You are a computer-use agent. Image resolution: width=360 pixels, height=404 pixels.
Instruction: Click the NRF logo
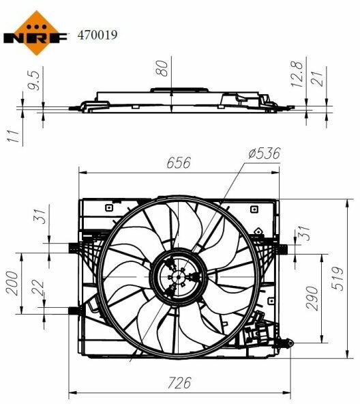pos(35,33)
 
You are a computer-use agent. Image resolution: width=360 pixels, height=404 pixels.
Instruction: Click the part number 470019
pos(97,35)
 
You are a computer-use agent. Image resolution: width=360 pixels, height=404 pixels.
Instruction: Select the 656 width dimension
pos(179,162)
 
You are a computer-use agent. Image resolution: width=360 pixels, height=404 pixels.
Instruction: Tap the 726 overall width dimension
pos(179,383)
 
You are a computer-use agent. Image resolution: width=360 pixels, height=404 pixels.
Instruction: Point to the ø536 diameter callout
pos(265,154)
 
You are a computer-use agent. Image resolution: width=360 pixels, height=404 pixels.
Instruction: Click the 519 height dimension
pos(337,279)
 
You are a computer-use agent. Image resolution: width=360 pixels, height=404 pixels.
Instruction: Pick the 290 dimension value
pos(312,298)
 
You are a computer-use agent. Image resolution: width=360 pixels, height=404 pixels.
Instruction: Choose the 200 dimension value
pos(12,283)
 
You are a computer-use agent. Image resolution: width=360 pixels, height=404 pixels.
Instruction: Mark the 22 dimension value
pos(38,287)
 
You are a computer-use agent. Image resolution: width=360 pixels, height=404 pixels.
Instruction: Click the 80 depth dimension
pos(162,68)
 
